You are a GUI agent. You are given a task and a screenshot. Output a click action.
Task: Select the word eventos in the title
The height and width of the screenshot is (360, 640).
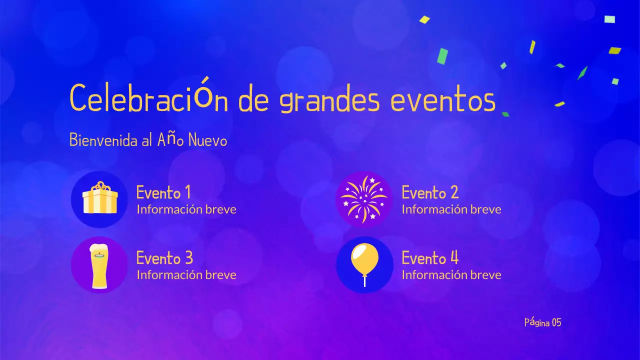(x=442, y=100)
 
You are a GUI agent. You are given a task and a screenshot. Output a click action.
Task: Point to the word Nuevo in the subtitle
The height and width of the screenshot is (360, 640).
(x=207, y=141)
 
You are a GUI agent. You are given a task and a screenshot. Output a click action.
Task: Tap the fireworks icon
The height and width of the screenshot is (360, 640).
(x=364, y=199)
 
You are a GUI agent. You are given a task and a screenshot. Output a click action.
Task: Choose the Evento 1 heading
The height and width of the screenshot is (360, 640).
(x=163, y=192)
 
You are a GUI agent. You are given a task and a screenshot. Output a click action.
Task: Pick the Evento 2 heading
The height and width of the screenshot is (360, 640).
(x=430, y=192)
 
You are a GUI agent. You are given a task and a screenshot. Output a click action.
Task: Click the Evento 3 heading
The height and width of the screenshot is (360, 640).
(x=164, y=258)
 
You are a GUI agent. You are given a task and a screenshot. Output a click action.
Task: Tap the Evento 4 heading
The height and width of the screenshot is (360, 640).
(x=430, y=258)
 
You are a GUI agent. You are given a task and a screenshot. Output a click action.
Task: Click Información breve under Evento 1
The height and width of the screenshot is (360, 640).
(x=186, y=209)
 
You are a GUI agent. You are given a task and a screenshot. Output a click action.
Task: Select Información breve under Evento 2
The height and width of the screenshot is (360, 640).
(x=451, y=209)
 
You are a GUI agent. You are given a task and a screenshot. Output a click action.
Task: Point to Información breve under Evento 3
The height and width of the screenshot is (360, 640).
(x=186, y=275)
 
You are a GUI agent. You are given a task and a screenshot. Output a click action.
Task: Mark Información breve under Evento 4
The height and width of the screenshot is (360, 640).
(x=451, y=275)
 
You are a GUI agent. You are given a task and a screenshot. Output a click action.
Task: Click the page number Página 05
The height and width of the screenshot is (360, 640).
(x=542, y=322)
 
